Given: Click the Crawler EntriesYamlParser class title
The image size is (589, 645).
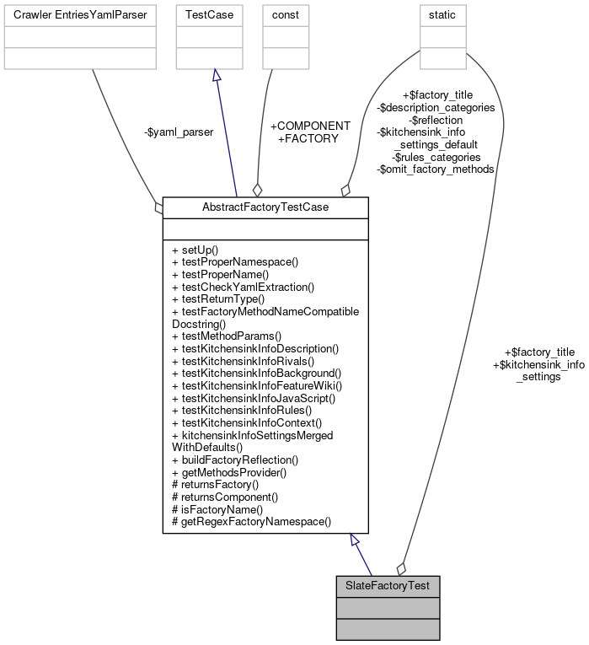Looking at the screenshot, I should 80,15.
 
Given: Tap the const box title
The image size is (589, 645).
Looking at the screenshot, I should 285,15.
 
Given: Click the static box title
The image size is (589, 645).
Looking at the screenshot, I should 442,15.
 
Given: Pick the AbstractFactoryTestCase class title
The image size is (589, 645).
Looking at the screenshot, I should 265,207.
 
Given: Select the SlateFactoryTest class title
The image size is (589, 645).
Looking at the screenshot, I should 387,585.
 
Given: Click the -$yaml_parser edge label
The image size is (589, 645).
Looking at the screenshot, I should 178,132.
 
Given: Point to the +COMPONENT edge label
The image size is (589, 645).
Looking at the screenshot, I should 309,126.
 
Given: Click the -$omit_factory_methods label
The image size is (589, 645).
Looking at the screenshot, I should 435,169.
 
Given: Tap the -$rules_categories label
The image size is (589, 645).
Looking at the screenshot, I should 436,157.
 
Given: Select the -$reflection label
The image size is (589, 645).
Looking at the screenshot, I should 436,120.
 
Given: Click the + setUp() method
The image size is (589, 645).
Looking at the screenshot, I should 195,250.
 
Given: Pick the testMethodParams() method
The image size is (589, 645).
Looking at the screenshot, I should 226,336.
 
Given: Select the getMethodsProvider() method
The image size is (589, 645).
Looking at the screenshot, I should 228,472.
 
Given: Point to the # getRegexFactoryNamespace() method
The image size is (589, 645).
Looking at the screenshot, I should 251,522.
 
